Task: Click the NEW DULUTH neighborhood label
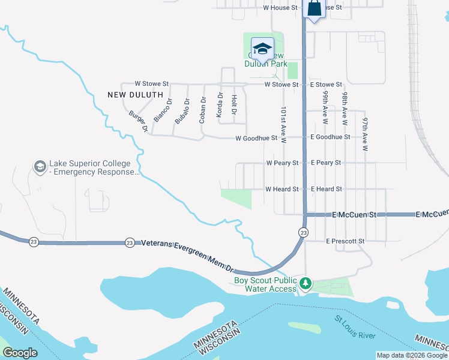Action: pos(135,95)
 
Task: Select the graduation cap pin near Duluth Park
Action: pos(262,48)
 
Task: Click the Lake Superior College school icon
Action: pos(40,166)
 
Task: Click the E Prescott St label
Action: pos(345,241)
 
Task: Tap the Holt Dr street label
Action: pos(234,106)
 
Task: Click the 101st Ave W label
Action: pos(283,125)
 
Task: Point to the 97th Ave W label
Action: pos(364,132)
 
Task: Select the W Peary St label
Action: pos(282,163)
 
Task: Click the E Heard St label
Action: pos(326,189)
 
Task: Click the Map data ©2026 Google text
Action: pos(411,355)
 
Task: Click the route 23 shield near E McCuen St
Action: pos(304,232)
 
